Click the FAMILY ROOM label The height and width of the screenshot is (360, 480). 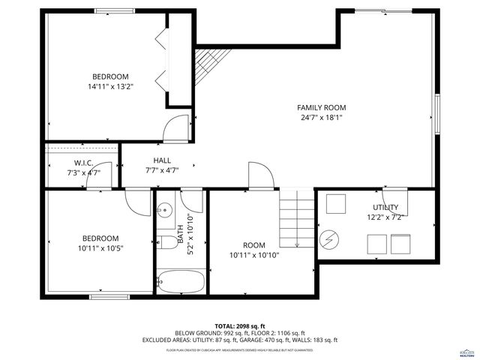[321, 107]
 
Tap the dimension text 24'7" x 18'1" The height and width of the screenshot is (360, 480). [321, 117]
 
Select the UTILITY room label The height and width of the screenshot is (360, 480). [385, 207]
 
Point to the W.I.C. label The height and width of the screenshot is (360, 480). [82, 163]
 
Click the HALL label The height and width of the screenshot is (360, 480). [162, 160]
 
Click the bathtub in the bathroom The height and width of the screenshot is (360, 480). [181, 283]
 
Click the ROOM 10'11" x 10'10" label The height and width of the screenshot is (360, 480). [254, 250]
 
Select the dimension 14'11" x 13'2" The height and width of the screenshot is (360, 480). [110, 86]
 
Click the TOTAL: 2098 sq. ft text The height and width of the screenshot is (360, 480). [239, 326]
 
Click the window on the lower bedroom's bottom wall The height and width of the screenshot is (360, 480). [106, 297]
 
